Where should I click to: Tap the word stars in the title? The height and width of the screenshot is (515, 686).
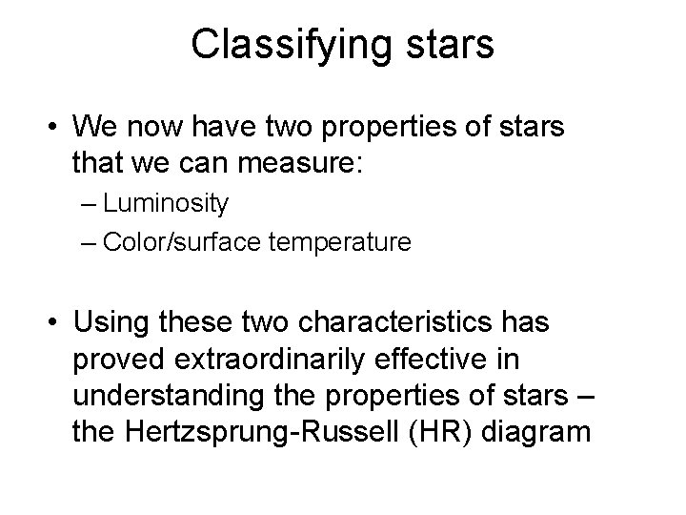pos(451,46)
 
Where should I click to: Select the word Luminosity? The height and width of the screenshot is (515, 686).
pos(166,203)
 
